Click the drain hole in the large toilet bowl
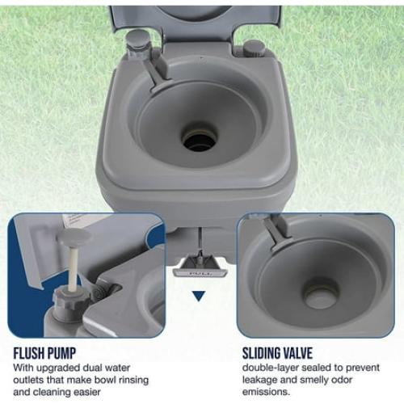(199, 140)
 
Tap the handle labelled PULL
(200, 268)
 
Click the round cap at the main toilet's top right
(254, 46)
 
